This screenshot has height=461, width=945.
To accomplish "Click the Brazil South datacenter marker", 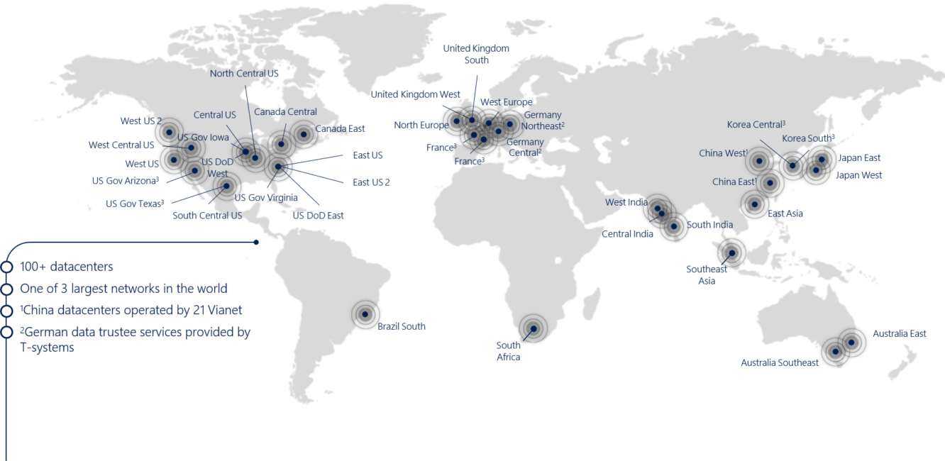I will click(x=365, y=314).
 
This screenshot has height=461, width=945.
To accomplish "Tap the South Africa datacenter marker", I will click(x=533, y=328).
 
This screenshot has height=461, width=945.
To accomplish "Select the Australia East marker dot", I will click(x=851, y=343).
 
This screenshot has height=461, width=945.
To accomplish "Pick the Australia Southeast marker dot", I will click(x=835, y=352).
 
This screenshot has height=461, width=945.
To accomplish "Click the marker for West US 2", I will click(x=169, y=132).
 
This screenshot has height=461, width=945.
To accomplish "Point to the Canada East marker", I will click(x=304, y=134).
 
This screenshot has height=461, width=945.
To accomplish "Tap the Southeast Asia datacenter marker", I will click(x=731, y=252).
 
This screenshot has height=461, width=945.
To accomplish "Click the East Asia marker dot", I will click(x=754, y=204).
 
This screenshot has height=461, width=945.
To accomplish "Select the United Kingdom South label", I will click(x=476, y=55).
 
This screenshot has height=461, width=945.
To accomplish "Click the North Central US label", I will click(x=244, y=74).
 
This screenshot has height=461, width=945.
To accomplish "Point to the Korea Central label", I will click(x=756, y=125).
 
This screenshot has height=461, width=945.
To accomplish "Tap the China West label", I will click(x=723, y=153).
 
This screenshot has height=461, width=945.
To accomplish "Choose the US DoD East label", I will click(x=318, y=216).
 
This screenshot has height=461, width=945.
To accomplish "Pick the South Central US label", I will click(x=207, y=216).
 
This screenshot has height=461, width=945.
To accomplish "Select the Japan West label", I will click(x=858, y=175).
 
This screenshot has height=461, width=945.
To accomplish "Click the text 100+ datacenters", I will click(x=67, y=267).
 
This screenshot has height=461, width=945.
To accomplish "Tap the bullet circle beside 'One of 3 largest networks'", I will click(x=7, y=289).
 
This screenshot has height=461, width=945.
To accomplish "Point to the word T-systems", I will click(x=47, y=348).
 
